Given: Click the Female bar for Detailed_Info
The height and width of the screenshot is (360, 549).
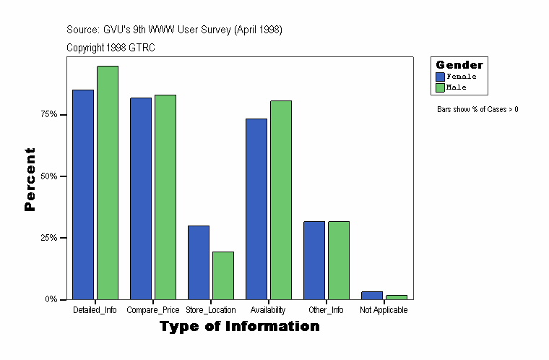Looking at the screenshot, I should pos(83,194).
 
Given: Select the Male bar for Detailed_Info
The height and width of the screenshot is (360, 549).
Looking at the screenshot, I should pos(108,182).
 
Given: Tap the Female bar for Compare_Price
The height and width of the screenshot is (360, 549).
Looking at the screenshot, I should pos(141,198).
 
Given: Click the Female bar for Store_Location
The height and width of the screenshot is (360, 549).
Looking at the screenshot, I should pos(199,262).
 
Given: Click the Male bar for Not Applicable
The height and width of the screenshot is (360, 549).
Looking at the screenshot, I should pos(397,297).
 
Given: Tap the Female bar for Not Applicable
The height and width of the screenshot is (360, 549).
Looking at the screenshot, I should pos(372,295).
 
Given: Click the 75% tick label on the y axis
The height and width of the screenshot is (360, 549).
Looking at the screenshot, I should pos(48,114).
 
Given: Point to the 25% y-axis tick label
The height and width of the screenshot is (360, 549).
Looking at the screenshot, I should pos(48,238).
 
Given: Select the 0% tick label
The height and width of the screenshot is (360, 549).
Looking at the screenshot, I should pos(51,299).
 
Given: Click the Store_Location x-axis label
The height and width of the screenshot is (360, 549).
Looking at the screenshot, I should pos(211,310).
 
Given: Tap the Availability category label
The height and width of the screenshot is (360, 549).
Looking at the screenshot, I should pos(269,310).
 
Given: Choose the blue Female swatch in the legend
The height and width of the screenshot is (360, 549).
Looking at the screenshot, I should pos(440,77).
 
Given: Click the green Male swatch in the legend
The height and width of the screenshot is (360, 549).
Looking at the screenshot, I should pos(440,87).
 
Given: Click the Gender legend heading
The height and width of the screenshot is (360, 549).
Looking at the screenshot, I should pos(459,65).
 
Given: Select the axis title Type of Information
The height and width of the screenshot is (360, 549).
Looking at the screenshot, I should pos(240,327).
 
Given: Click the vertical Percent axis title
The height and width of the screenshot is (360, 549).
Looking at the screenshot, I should pos(30,179).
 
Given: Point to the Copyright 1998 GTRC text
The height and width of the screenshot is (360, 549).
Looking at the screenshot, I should pos(111,48).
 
